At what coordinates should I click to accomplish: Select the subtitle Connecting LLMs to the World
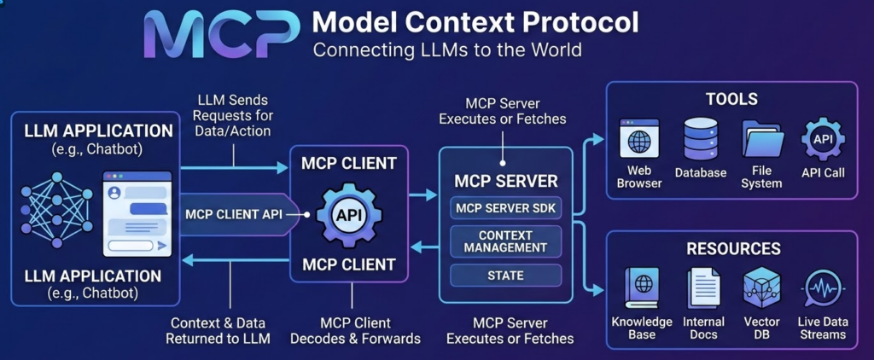click(x=447, y=49)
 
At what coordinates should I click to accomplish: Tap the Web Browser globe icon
click(x=639, y=138)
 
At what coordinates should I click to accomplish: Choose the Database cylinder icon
click(x=700, y=138)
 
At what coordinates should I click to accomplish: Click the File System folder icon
click(x=761, y=138)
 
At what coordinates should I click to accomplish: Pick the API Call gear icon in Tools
click(x=823, y=139)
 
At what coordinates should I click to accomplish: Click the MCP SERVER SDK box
click(x=506, y=207)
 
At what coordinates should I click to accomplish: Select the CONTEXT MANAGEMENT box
click(x=506, y=241)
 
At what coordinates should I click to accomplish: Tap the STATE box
click(x=506, y=276)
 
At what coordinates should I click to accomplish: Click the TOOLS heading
click(x=731, y=99)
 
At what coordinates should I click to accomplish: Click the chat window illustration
click(x=136, y=213)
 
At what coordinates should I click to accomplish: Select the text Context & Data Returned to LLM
click(x=218, y=331)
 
